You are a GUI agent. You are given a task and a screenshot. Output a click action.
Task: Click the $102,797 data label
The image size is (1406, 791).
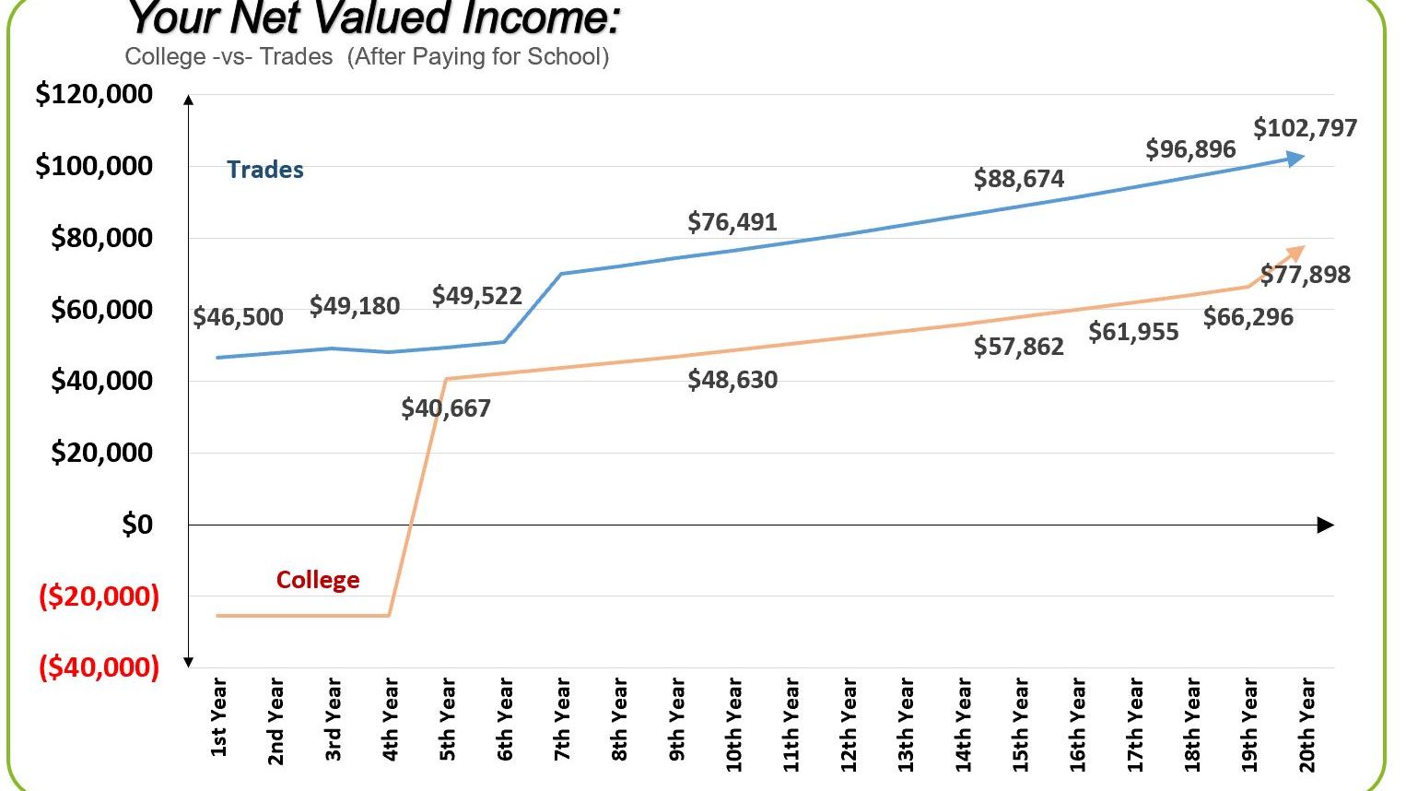pyautogui.click(x=1305, y=128)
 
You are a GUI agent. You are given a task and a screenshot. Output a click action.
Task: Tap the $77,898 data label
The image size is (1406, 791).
pyautogui.click(x=1305, y=275)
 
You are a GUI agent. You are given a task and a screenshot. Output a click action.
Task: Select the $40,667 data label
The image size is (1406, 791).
pyautogui.click(x=446, y=408)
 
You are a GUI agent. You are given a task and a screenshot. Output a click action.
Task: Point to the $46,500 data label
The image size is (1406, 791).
pyautogui.click(x=238, y=318)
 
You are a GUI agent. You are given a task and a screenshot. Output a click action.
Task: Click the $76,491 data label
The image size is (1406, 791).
pyautogui.click(x=732, y=222)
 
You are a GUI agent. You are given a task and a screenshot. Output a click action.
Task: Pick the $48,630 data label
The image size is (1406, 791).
pyautogui.click(x=732, y=380)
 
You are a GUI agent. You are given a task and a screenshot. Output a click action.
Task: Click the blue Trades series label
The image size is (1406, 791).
pyautogui.click(x=265, y=170)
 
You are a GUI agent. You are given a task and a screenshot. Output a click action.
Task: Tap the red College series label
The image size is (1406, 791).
pyautogui.click(x=318, y=580)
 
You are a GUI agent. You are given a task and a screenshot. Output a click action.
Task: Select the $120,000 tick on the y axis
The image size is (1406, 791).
pyautogui.click(x=94, y=94)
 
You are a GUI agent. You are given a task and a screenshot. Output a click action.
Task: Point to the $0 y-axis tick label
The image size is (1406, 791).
pyautogui.click(x=137, y=525)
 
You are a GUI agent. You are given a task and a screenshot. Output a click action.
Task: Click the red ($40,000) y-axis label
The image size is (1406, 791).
pyautogui.click(x=99, y=667)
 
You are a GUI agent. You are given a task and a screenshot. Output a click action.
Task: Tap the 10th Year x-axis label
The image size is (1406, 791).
pyautogui.click(x=734, y=724)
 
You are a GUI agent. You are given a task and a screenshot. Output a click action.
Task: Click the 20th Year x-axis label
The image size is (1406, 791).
pyautogui.click(x=1306, y=724)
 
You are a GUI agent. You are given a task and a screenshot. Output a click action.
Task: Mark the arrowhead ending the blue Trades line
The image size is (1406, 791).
pyautogui.click(x=1296, y=159)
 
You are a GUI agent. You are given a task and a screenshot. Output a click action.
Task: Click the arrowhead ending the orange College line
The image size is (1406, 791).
pyautogui.click(x=1297, y=252)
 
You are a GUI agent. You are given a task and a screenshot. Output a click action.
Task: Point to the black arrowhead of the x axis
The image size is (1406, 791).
pyautogui.click(x=1326, y=525)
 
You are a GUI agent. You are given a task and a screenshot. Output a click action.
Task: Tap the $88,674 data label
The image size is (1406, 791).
pyautogui.click(x=1018, y=179)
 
